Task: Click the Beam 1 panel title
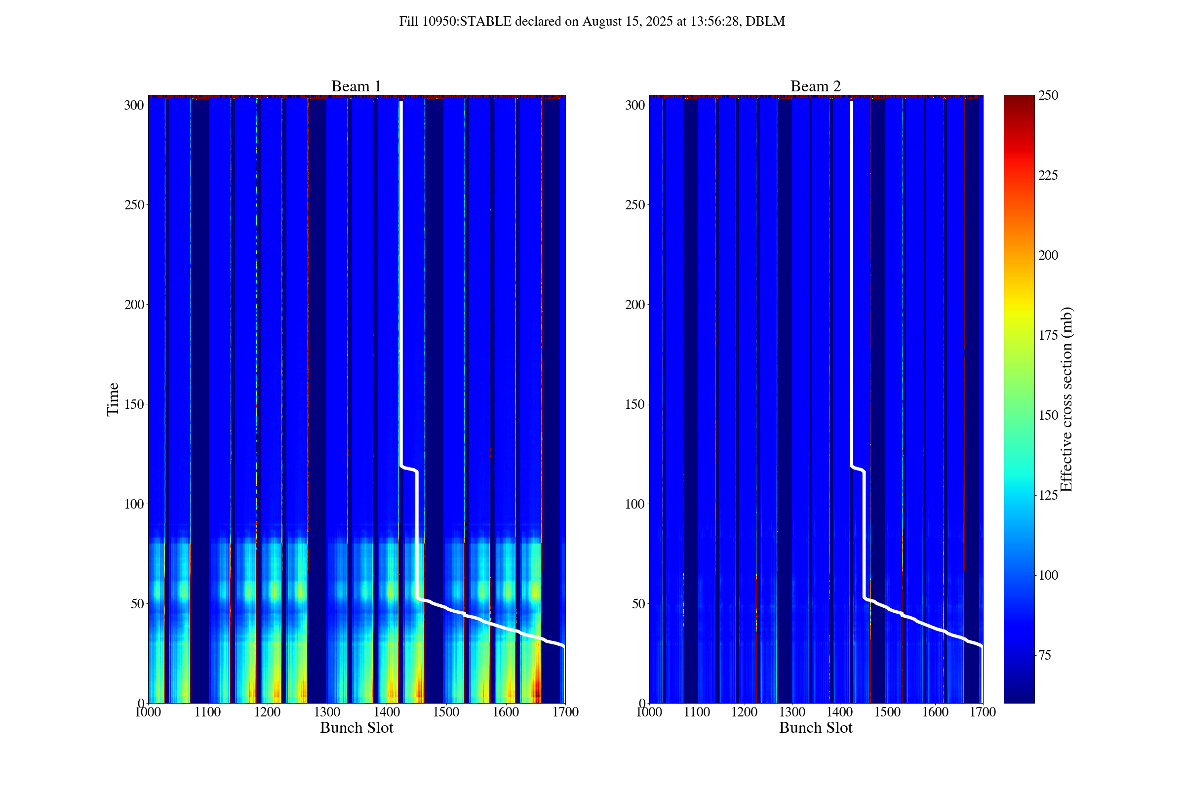[355, 87]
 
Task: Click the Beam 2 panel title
[815, 87]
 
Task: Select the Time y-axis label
[113, 399]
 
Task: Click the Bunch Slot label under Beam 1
[356, 728]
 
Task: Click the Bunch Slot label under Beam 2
[815, 728]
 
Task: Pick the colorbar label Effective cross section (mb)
[1066, 399]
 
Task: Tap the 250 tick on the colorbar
[1048, 95]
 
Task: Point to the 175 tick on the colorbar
[1048, 336]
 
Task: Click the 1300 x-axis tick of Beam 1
[327, 712]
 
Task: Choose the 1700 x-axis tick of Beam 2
[983, 712]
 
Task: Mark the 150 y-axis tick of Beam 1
[133, 404]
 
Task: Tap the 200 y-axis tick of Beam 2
[634, 305]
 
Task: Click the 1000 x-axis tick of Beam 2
[649, 712]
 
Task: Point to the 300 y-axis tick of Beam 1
[133, 105]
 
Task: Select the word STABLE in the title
[485, 22]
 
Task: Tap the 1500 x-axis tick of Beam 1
[446, 712]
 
